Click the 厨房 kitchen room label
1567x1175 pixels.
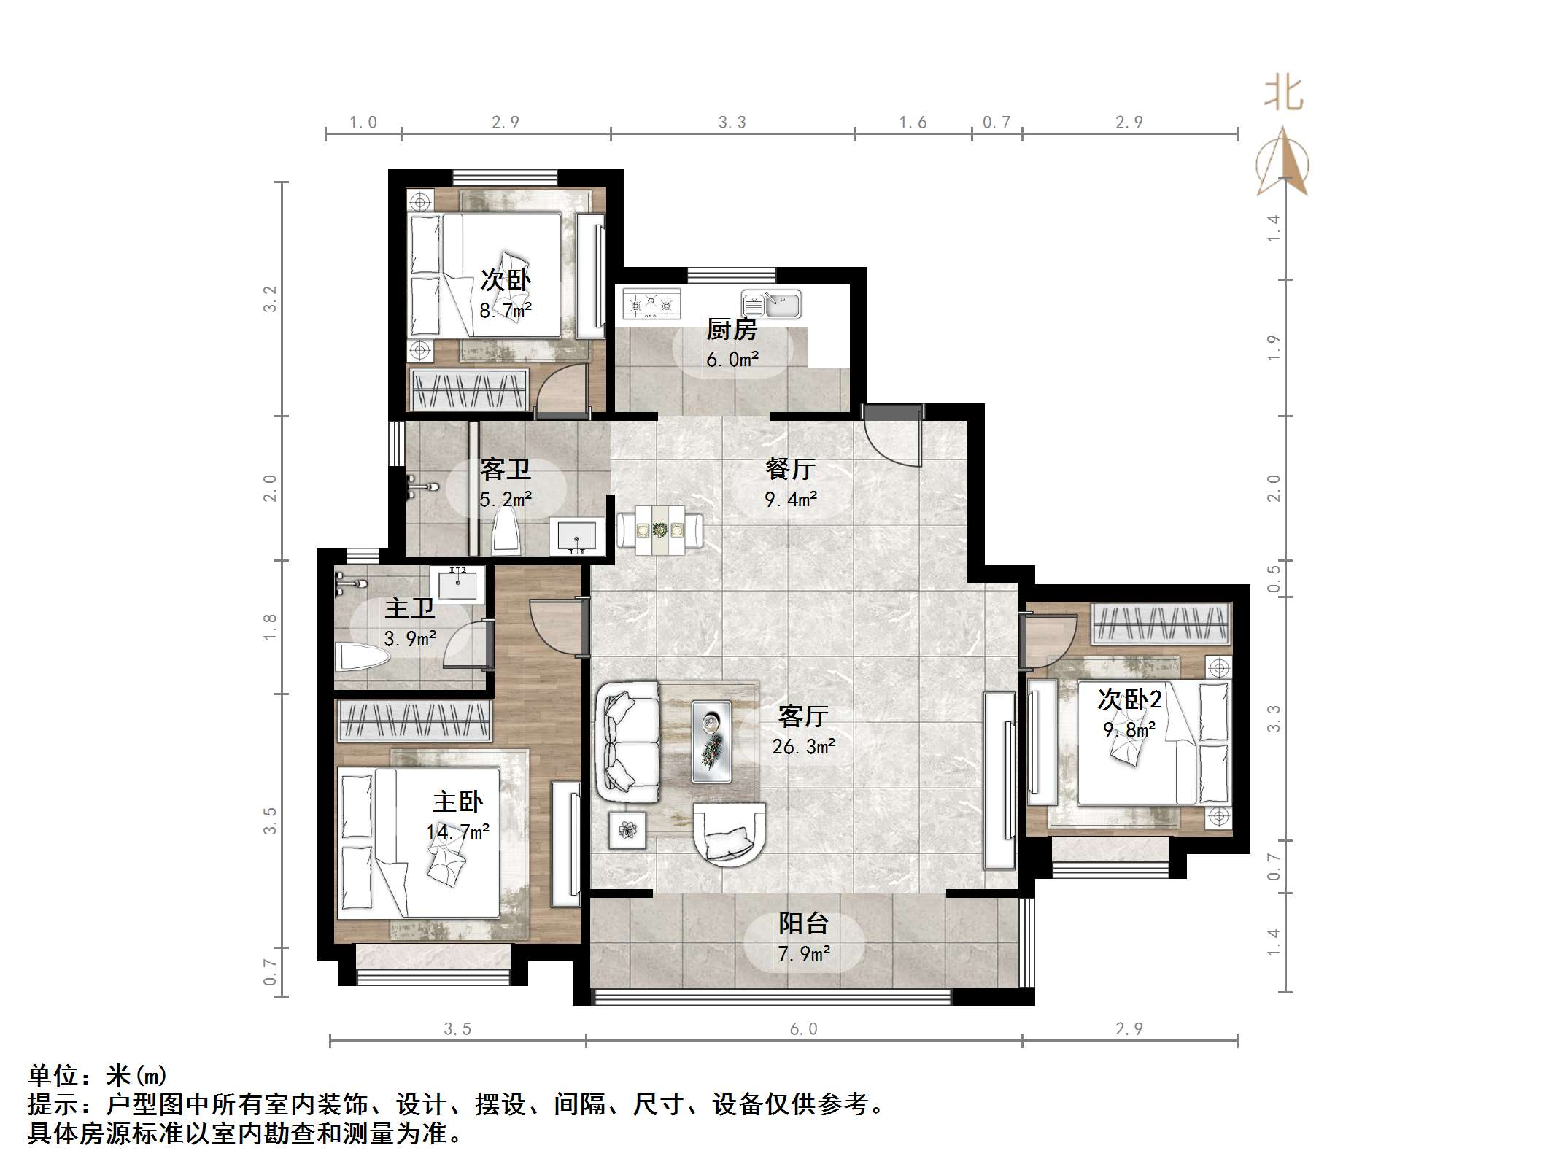click(x=732, y=330)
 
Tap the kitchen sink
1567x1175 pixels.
click(x=772, y=304)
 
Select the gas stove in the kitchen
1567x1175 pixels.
click(x=651, y=303)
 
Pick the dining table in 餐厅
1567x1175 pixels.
click(x=660, y=530)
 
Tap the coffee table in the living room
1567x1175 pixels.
click(x=711, y=741)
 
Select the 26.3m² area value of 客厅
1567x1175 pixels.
click(x=803, y=747)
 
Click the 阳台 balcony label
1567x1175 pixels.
click(x=803, y=923)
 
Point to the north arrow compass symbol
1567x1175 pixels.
click(x=1282, y=164)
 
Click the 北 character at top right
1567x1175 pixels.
click(x=1283, y=95)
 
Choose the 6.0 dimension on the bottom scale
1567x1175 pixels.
click(x=803, y=1029)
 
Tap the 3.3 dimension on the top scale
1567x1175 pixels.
click(x=732, y=123)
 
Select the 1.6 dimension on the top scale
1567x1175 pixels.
click(x=913, y=123)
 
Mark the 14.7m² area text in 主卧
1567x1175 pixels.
click(x=458, y=831)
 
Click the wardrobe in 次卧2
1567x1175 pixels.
click(x=1161, y=624)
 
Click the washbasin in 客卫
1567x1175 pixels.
click(x=577, y=536)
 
